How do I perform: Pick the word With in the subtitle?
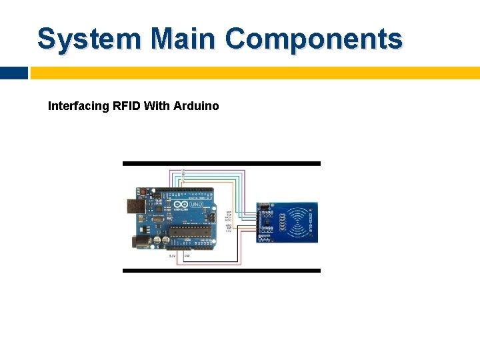coord(158,106)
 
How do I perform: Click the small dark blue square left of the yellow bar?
coord(13,73)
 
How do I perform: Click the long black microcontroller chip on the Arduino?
coord(192,231)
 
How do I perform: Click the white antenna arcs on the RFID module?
coord(304,221)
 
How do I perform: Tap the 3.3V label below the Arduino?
coord(172,256)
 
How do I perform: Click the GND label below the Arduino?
coord(187,256)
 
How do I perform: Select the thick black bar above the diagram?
coord(221,163)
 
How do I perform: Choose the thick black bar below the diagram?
coord(221,270)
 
